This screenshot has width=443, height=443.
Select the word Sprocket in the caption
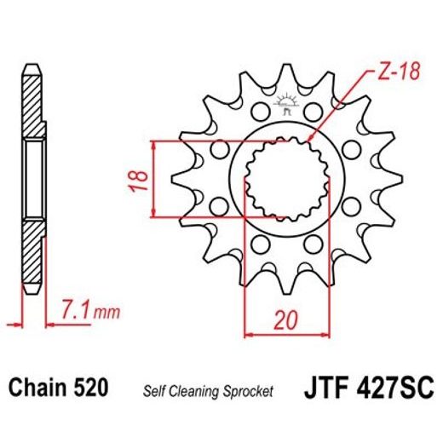247,391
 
